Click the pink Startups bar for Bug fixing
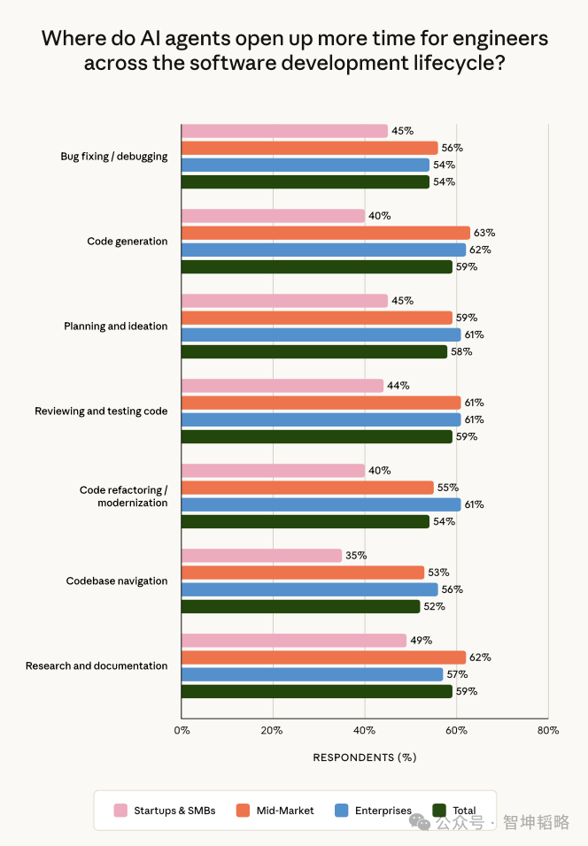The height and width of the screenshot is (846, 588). point(284,131)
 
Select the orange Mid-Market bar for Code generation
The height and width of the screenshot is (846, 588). point(326,233)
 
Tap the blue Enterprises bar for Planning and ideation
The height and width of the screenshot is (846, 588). point(321,335)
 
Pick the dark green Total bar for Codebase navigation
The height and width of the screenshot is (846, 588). point(301,606)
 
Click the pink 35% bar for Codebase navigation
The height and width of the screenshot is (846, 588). point(262,556)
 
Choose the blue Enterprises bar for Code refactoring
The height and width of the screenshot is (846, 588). point(321,504)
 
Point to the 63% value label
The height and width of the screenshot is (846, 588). point(484,233)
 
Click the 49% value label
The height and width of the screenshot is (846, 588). point(422,641)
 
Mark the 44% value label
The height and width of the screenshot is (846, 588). point(398,386)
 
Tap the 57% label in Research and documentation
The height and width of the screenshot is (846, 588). point(457,674)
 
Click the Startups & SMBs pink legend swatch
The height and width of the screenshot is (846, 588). point(121,811)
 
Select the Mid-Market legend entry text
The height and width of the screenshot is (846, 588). point(285,811)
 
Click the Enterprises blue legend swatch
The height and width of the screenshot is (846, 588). point(342,811)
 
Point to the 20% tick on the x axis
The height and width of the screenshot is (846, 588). point(272,731)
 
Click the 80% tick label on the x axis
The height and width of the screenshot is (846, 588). point(548,731)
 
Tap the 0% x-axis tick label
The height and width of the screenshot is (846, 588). point(182,731)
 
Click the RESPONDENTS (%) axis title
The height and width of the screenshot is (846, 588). point(365,758)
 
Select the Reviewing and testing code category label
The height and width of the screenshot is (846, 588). point(101,411)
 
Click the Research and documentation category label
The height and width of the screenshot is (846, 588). point(97,665)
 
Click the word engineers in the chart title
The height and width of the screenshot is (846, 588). point(500,39)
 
